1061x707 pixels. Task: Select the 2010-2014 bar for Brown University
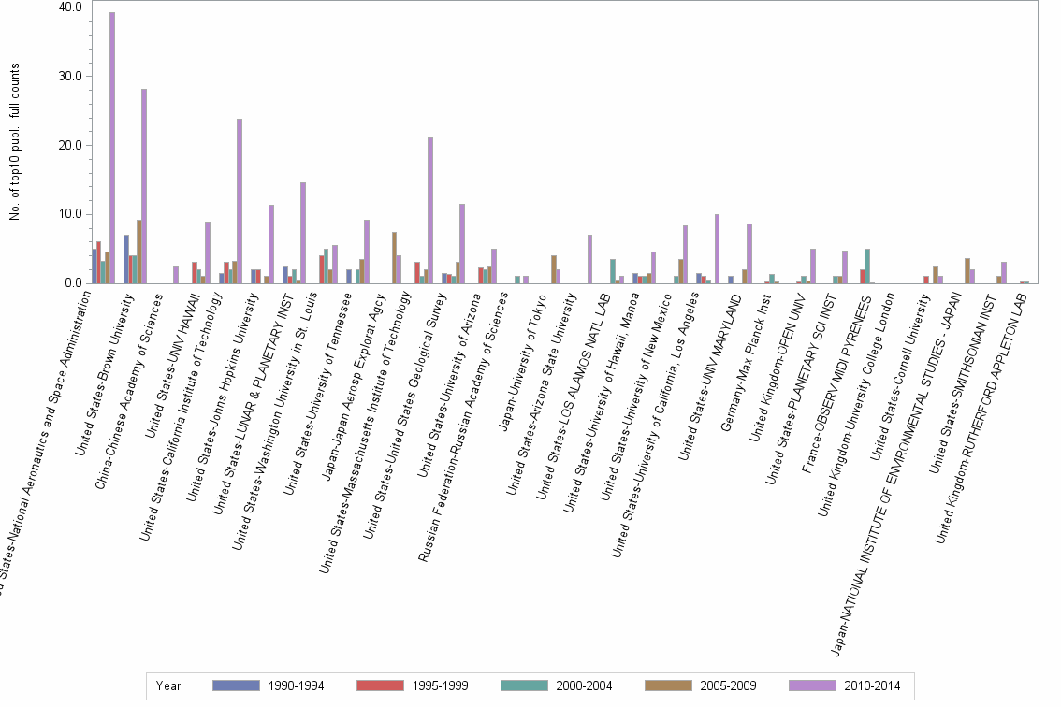(x=144, y=187)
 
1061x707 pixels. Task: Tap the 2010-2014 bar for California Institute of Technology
(x=240, y=201)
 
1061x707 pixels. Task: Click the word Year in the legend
(x=169, y=685)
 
